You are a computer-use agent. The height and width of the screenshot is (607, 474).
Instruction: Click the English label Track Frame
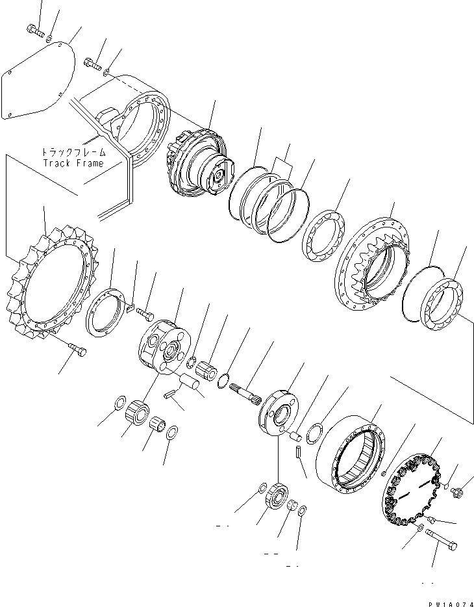click(x=73, y=162)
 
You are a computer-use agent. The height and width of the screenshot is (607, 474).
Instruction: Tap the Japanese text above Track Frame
click(x=73, y=152)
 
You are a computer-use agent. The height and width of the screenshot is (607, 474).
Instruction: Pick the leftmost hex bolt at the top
click(x=35, y=29)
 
